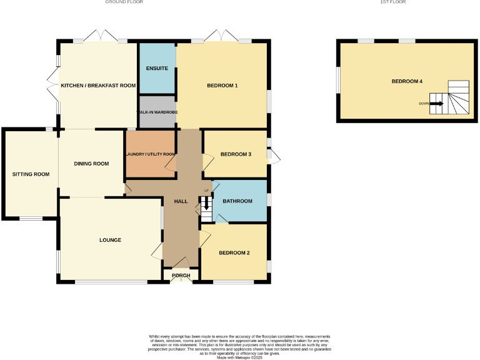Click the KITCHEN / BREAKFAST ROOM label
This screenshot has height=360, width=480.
coord(98,85)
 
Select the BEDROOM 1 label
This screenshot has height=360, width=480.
coord(222,85)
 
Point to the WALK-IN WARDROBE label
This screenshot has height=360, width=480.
coord(157,112)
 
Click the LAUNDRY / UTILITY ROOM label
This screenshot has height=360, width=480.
coord(150,154)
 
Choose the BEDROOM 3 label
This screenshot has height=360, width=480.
coord(236,154)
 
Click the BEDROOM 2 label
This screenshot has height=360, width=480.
coord(234,253)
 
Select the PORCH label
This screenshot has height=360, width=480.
coord(181,276)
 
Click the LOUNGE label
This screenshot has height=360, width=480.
coord(110,240)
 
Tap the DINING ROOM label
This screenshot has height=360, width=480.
coord(91,164)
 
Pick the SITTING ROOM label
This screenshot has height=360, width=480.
coord(31,174)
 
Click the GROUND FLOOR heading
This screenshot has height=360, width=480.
coord(124,2)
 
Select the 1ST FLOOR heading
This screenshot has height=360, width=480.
coord(393,2)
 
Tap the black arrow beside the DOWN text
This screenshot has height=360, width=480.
coord(437,104)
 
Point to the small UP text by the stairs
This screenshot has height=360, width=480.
coord(206,190)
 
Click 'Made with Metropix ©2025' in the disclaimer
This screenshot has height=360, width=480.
coord(239,357)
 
